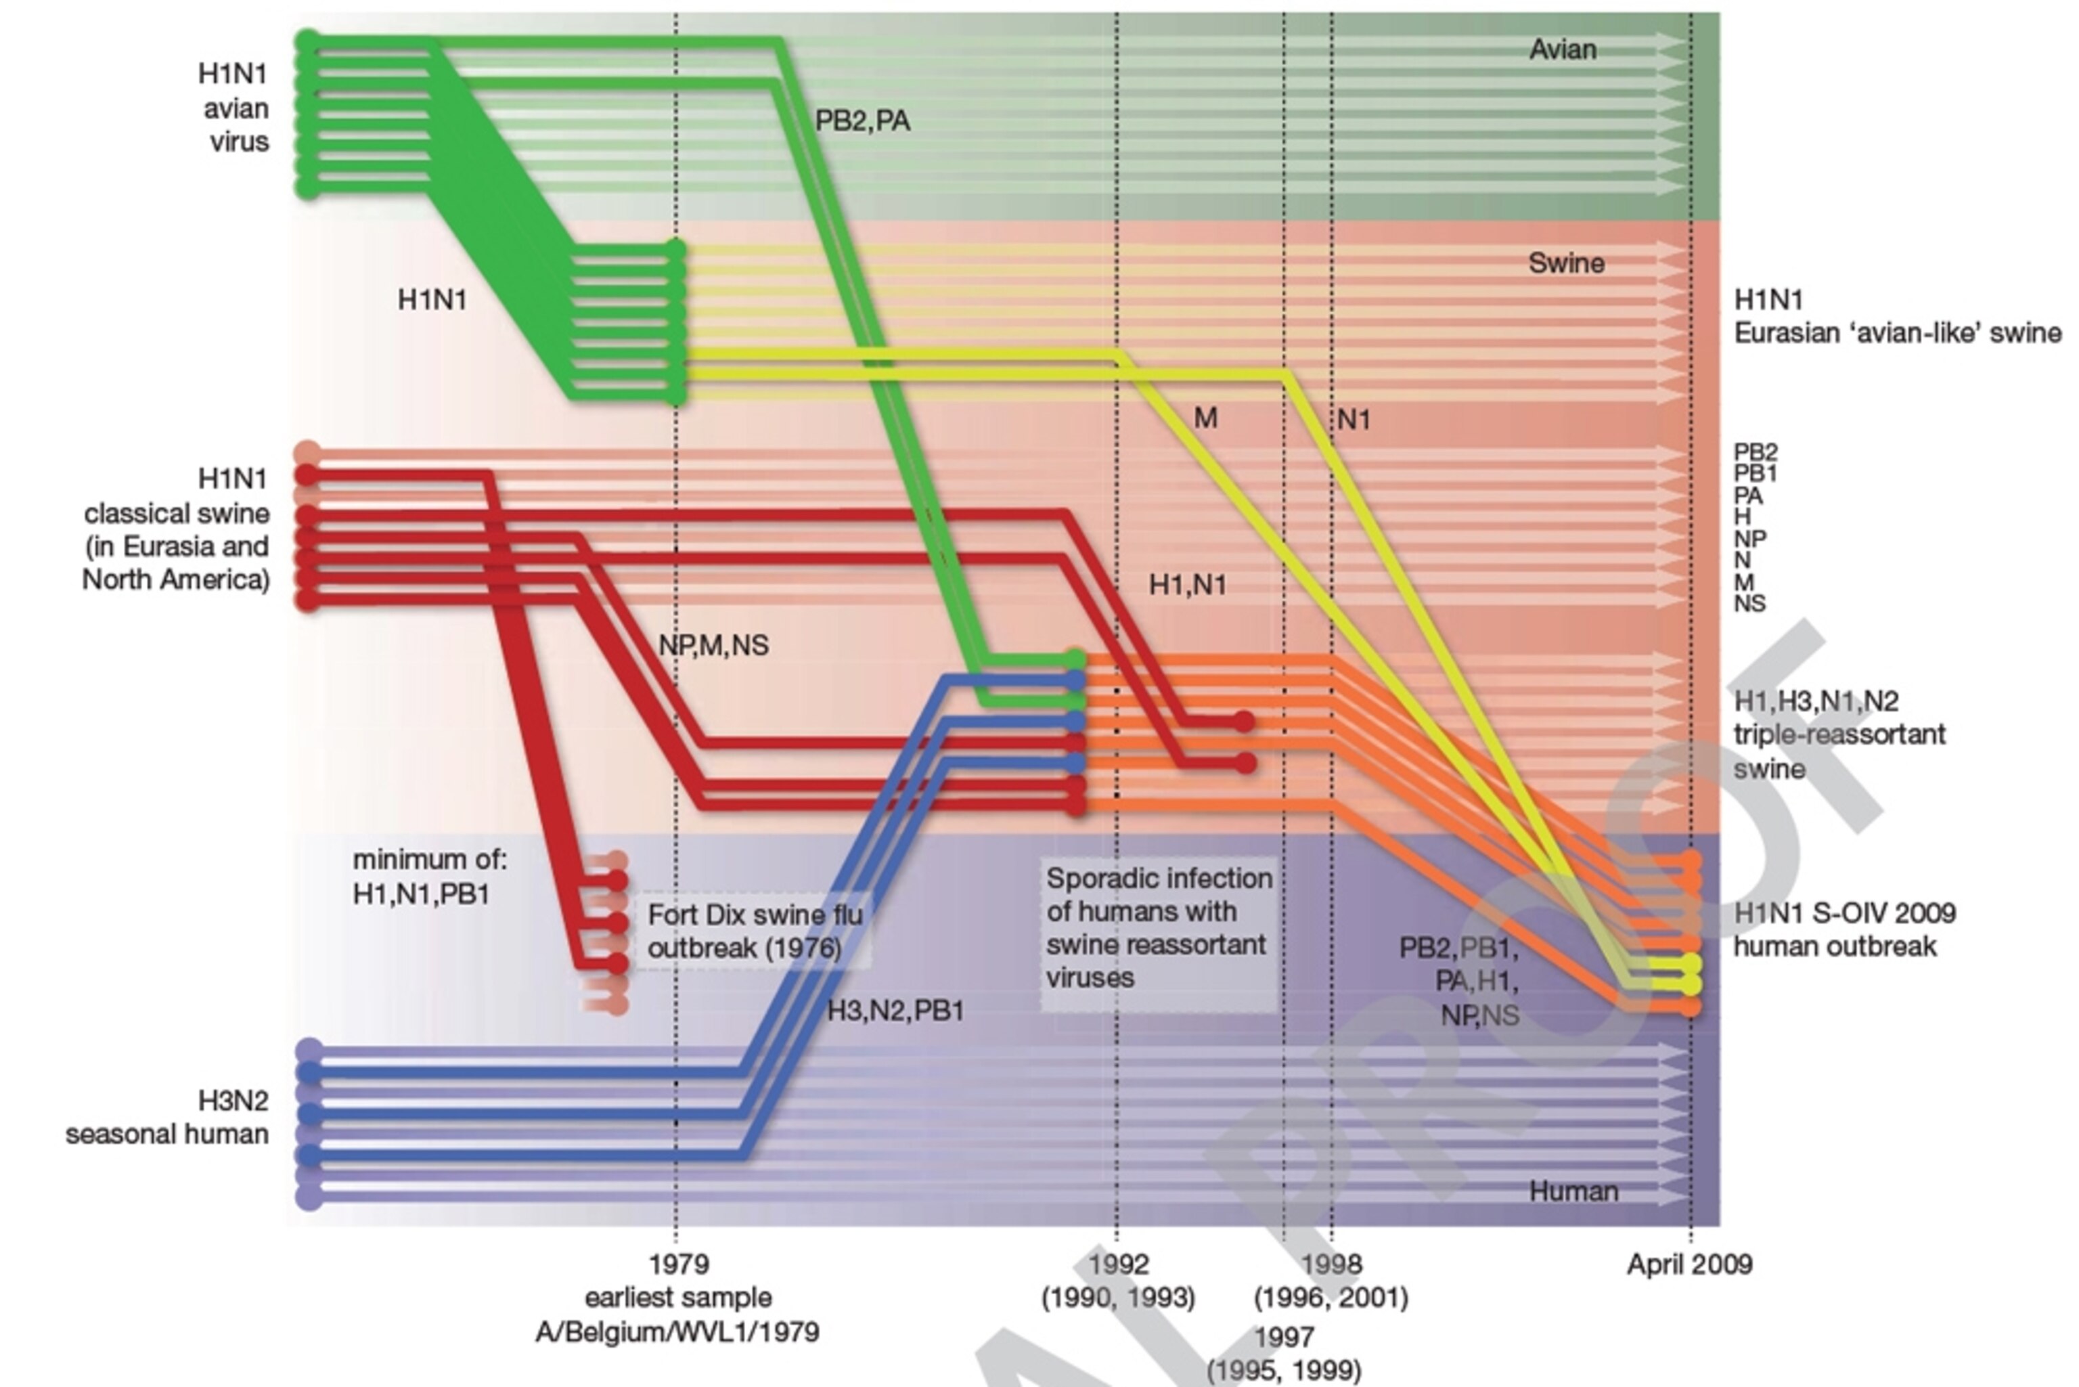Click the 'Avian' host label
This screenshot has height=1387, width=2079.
1562,49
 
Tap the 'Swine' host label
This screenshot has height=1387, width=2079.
1565,263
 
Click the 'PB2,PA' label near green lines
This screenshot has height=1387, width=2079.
862,121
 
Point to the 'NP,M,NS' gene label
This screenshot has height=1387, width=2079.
713,646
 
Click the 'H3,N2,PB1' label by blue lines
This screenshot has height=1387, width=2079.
894,1011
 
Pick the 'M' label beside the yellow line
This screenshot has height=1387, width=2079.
1205,418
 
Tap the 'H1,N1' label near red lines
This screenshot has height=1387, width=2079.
1187,585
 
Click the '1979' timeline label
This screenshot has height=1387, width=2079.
678,1264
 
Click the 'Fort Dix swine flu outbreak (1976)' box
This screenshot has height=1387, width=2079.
753,931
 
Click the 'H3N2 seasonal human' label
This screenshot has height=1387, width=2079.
167,1117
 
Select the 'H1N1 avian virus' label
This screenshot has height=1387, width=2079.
233,108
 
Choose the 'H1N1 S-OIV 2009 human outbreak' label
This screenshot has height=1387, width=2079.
1843,929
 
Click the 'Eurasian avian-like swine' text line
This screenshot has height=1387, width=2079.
1897,334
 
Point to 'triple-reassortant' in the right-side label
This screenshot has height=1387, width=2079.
1839,734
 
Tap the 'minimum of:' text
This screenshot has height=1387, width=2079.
430,860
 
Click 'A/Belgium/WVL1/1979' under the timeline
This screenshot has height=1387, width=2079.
677,1332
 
